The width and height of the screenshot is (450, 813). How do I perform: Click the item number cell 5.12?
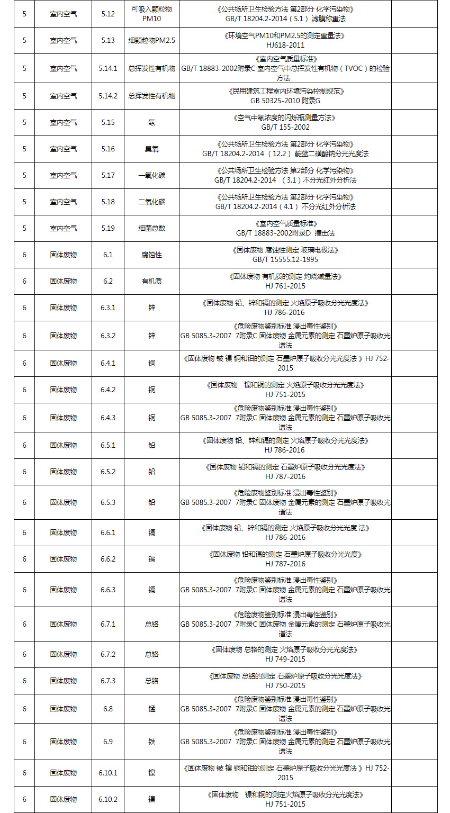[107, 14]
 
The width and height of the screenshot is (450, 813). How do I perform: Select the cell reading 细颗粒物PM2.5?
[151, 40]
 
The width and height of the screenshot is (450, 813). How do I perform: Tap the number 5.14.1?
[107, 69]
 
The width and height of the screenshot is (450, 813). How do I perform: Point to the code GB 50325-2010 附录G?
[285, 101]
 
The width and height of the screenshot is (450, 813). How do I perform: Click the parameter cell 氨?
[151, 122]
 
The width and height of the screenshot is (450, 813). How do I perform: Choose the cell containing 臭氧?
[151, 149]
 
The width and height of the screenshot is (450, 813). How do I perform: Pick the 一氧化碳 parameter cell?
[151, 175]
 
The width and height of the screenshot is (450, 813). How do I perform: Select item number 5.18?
[107, 202]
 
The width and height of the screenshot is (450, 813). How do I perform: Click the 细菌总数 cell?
[151, 228]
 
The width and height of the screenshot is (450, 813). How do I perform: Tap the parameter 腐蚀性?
[151, 255]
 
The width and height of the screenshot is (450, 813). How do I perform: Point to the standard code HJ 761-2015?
[285, 286]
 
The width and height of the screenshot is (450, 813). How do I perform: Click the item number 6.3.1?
[107, 308]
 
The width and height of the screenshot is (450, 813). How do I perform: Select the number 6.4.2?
[107, 390]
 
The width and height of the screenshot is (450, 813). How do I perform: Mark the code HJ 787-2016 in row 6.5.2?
[285, 476]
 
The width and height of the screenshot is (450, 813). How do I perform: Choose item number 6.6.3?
[107, 590]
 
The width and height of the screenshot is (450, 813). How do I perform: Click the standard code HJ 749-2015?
[285, 659]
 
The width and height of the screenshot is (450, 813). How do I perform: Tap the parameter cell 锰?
[151, 709]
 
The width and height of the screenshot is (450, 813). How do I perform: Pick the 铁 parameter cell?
[151, 742]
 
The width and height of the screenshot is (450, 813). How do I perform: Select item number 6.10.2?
[107, 799]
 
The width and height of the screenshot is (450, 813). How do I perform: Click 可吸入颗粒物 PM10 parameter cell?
[151, 14]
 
